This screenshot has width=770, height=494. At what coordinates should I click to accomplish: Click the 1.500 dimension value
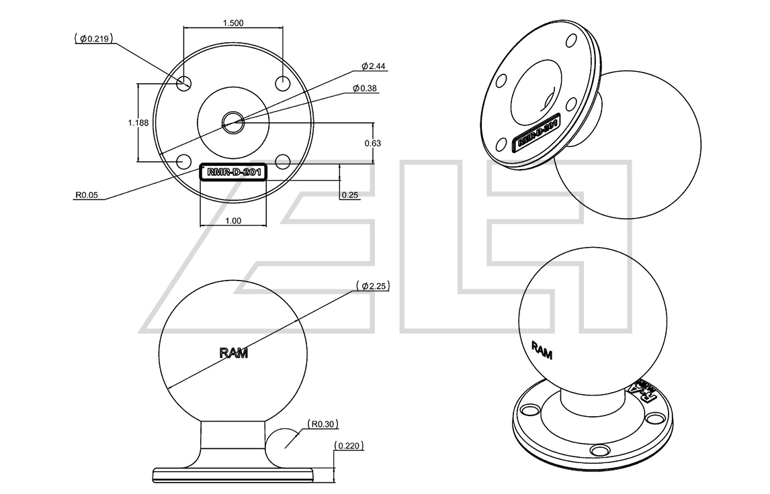232,22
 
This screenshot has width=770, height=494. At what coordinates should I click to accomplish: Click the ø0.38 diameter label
368,89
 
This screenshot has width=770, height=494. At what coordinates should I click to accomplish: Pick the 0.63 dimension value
372,143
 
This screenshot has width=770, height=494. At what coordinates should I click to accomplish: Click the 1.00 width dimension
232,220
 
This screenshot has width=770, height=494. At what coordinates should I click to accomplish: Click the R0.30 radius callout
323,424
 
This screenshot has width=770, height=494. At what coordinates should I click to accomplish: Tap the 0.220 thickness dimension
349,445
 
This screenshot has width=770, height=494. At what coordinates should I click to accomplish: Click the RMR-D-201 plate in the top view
233,172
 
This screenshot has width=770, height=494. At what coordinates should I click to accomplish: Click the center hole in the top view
233,121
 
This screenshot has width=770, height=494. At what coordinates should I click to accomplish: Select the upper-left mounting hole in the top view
184,83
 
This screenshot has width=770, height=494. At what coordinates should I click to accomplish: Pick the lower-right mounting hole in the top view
282,161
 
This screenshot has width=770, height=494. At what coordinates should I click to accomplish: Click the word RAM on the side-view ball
233,353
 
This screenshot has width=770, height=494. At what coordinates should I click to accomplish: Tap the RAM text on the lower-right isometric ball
542,350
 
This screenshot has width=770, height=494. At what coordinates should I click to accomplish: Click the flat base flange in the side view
233,475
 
